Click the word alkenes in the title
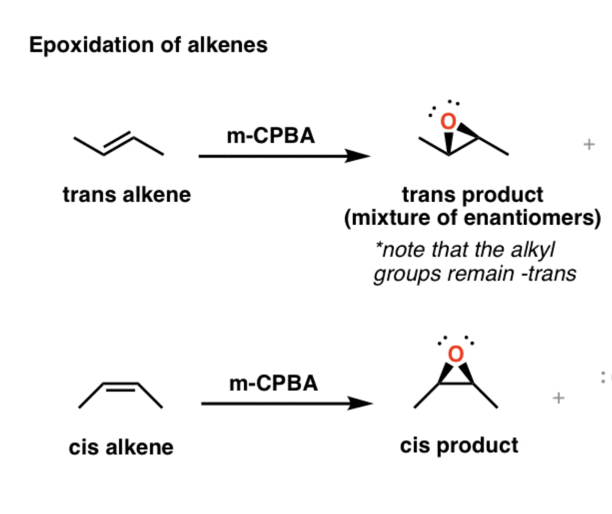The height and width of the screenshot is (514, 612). coord(227,45)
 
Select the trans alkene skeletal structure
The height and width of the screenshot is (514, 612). coord(119,145)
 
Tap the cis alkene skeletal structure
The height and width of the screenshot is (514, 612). coord(121,394)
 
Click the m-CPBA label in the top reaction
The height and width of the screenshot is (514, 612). coord(271,136)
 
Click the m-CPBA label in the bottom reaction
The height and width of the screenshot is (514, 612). coord(273,383)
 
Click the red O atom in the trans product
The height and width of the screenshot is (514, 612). coord(448,122)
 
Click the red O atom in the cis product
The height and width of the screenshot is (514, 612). coord(456,354)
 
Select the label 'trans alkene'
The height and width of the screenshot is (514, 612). coord(127,195)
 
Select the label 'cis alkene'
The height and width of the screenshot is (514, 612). coord(121,447)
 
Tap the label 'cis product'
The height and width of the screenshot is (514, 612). coord(459,445)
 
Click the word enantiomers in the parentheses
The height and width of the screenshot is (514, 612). coord(528,218)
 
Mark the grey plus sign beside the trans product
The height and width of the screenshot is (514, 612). coord(589,144)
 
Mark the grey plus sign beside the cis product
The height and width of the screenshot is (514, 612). coord(559,398)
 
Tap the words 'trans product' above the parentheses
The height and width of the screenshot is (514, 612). coord(472,195)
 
